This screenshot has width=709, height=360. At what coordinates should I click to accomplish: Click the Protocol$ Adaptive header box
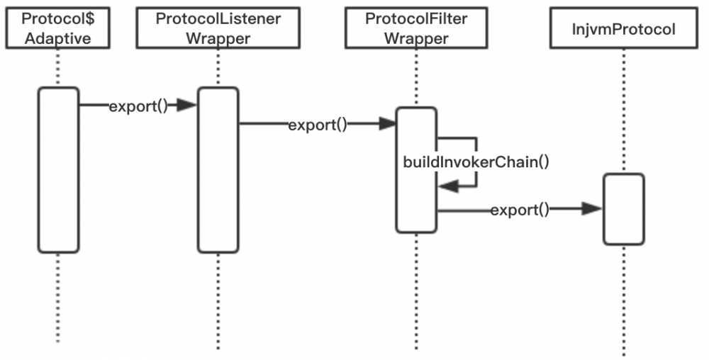point(58,28)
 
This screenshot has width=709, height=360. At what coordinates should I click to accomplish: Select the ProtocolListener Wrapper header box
point(219,28)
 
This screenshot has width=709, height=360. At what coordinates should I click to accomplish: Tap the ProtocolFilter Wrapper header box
point(417,28)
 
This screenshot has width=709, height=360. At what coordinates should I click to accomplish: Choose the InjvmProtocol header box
point(625,29)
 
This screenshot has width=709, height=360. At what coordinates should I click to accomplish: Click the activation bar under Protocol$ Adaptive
point(58,169)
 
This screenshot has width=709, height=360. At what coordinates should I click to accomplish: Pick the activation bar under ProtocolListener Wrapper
point(218,169)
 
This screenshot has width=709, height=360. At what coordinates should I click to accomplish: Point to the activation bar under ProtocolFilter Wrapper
point(416,170)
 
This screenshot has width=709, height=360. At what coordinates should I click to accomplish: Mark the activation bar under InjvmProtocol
point(624,209)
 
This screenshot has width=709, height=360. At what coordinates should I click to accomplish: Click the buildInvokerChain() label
point(476,162)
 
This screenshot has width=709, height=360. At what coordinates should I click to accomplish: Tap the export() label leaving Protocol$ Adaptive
point(138,106)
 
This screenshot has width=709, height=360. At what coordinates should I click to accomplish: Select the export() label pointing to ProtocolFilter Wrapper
point(318,125)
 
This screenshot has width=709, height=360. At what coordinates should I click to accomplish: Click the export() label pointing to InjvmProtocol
point(520,209)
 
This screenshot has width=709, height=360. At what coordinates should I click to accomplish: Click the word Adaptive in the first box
point(58,38)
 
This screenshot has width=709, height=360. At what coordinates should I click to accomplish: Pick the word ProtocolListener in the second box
point(219,18)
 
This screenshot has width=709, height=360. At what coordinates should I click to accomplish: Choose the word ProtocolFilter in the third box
point(417,18)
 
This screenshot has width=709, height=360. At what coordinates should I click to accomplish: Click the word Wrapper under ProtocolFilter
point(417,38)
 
